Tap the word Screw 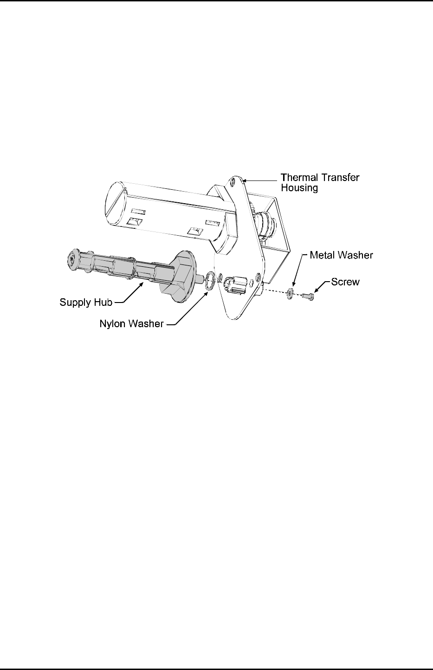(x=345, y=282)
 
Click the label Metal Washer (x=340, y=255)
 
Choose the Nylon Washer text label (x=132, y=324)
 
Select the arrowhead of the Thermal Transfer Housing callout (x=244, y=179)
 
